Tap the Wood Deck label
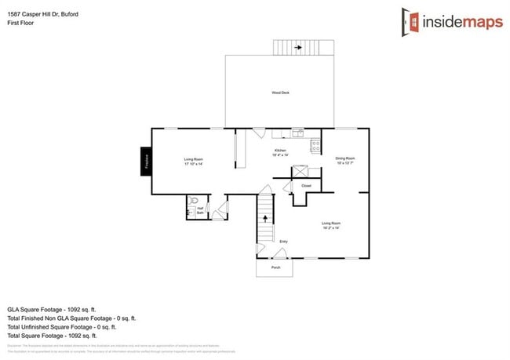point(280,93)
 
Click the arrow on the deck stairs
point(298,47)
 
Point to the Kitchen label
point(280,152)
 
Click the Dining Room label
point(345,160)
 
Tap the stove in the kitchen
point(315,145)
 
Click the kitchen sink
point(297,132)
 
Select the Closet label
point(306,186)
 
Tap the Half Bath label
point(200,211)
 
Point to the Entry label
point(283,241)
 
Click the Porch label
point(275,267)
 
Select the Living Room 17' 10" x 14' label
point(193,162)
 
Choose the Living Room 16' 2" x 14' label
point(330,225)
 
